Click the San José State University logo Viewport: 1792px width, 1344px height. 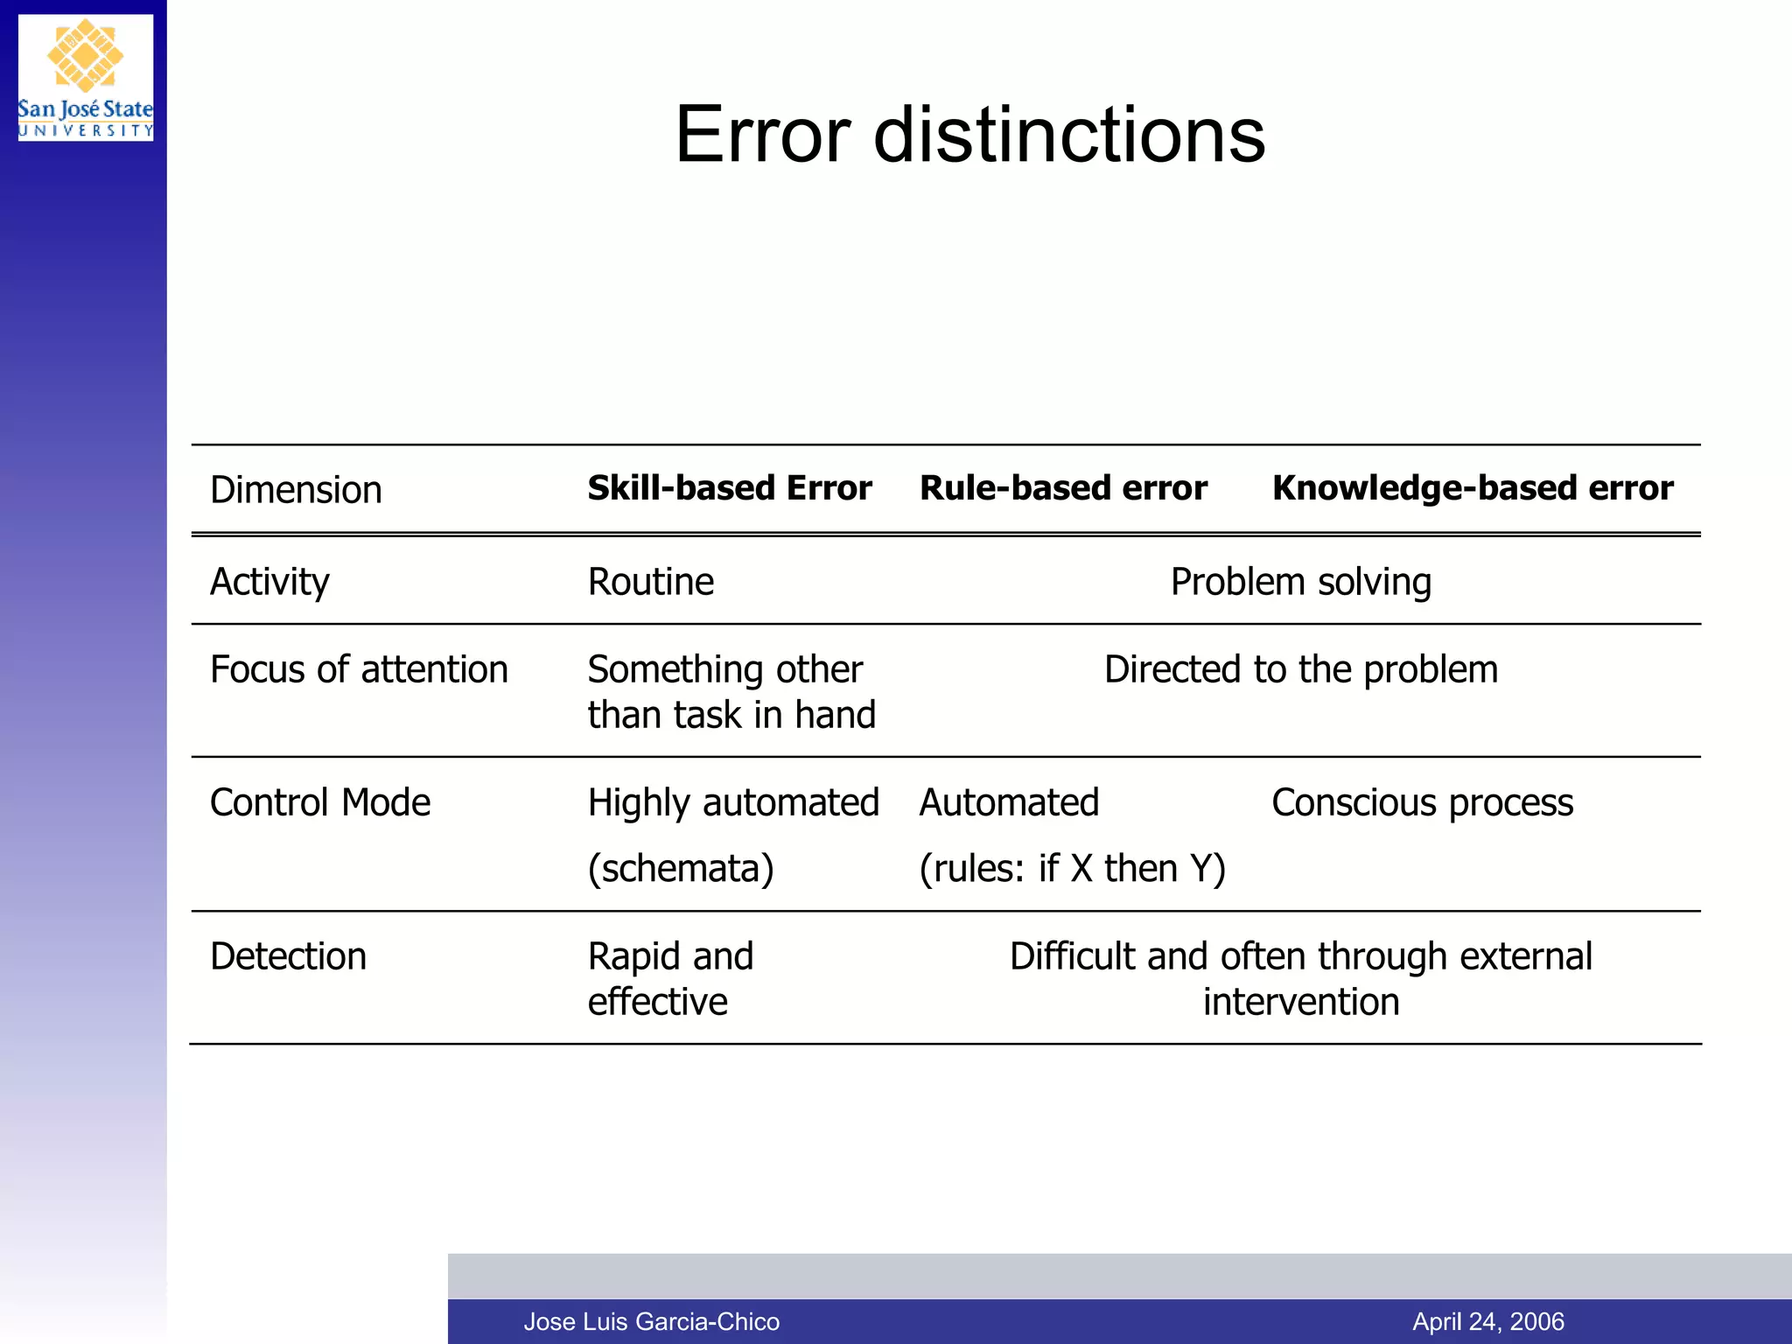(x=85, y=78)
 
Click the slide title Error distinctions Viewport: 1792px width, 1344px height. (x=969, y=135)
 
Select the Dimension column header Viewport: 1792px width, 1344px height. (x=296, y=490)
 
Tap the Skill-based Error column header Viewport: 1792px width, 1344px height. (x=729, y=488)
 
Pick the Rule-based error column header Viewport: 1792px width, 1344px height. (x=1062, y=488)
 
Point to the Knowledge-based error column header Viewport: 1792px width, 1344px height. (x=1472, y=488)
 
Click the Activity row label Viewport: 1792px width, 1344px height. (x=269, y=582)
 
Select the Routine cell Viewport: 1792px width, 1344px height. (x=650, y=582)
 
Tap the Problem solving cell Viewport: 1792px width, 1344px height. (x=1300, y=582)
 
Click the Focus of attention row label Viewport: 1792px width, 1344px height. (x=359, y=670)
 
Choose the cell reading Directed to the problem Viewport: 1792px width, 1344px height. (x=1300, y=670)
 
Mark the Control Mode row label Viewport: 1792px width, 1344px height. (x=320, y=802)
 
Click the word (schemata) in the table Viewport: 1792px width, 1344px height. (x=681, y=869)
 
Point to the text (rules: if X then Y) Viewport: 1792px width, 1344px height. (x=1072, y=869)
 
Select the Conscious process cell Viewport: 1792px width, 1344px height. (x=1422, y=802)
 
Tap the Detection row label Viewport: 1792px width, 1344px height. (x=288, y=956)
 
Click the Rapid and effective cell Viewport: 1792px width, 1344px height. (x=670, y=978)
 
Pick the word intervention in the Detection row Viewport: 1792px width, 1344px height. (x=1300, y=1002)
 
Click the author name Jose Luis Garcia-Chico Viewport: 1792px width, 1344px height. (x=651, y=1321)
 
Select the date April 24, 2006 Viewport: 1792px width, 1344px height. (x=1487, y=1321)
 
